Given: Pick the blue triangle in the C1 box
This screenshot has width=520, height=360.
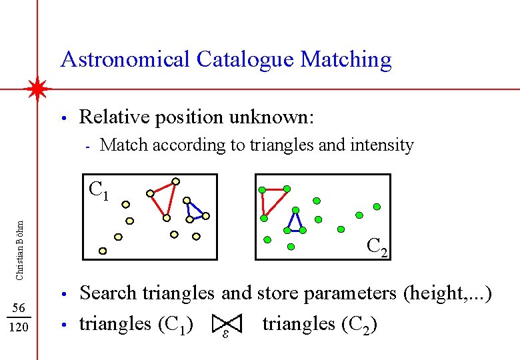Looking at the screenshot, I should [x=195, y=210].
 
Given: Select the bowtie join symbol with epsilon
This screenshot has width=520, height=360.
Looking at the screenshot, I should [x=227, y=325].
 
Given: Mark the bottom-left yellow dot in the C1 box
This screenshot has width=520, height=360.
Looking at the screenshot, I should [x=103, y=251].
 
